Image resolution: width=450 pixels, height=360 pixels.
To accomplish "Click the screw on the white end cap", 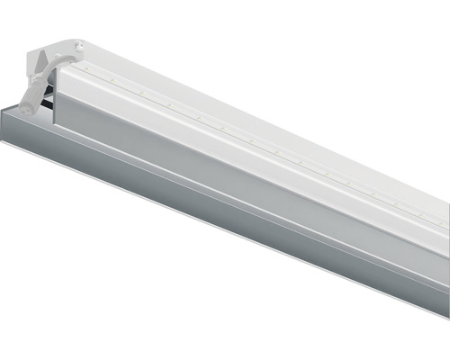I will click(x=80, y=41).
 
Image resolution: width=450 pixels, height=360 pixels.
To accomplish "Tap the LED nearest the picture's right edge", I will click(x=441, y=223).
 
